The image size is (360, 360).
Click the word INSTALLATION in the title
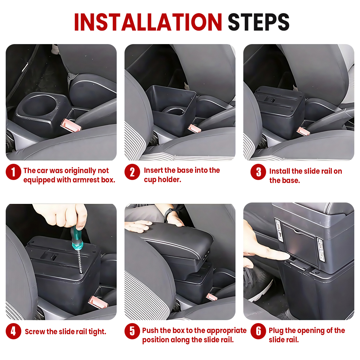(148, 22)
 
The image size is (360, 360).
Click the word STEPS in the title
(259, 22)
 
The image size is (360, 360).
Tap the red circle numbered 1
(13, 172)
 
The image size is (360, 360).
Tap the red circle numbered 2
(132, 172)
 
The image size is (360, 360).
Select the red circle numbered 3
(258, 172)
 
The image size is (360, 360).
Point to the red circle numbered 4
(13, 331)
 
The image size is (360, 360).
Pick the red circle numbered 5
(132, 331)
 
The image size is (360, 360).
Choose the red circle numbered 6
(258, 331)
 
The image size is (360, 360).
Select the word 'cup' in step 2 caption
(150, 180)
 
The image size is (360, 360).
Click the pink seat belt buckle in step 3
(303, 131)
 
